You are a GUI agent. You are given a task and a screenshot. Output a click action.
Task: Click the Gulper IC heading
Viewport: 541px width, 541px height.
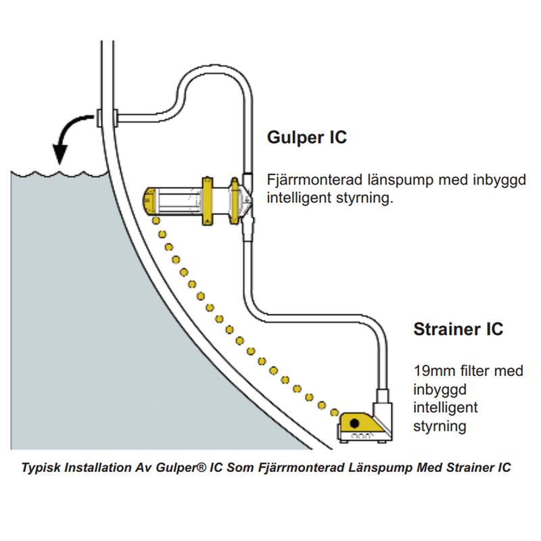click(x=306, y=137)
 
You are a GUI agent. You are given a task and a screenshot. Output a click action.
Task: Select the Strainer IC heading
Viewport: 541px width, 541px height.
click(x=458, y=329)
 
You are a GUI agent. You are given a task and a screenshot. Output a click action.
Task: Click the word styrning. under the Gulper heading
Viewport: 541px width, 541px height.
click(x=369, y=199)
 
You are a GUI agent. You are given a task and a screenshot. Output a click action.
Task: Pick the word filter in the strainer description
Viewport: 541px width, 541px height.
click(x=465, y=371)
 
